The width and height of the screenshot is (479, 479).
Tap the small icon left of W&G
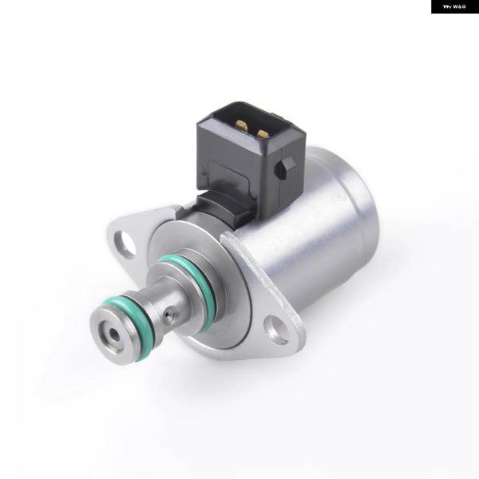coord(447,6)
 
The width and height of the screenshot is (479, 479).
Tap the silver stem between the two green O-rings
coord(160,295)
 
